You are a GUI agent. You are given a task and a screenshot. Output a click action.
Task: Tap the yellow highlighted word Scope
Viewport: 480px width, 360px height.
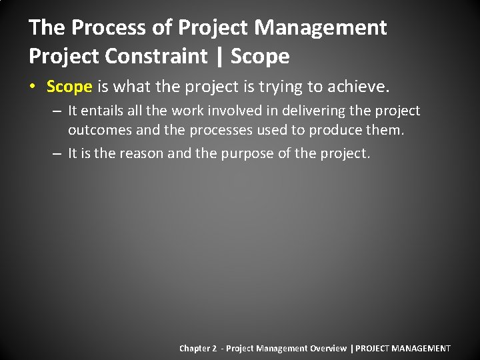pos(69,87)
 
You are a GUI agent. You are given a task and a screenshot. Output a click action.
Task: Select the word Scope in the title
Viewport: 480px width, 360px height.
pos(260,56)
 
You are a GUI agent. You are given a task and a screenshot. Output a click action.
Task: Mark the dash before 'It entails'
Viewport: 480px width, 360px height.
pos(57,111)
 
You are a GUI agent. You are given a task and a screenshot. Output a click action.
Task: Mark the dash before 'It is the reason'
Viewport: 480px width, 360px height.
pos(57,153)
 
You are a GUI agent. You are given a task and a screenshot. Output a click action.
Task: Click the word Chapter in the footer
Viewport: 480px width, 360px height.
pos(194,348)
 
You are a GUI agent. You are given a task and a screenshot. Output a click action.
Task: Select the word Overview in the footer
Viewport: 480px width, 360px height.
pos(328,348)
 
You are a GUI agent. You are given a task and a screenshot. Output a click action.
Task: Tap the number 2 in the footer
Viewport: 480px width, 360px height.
pos(215,348)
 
